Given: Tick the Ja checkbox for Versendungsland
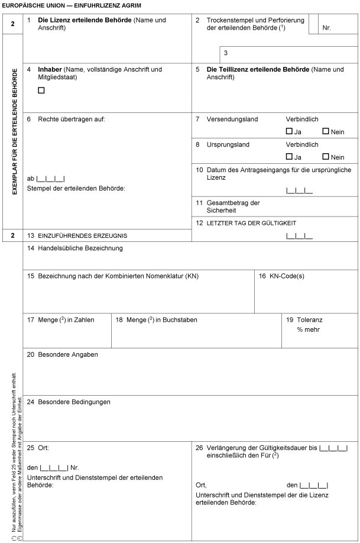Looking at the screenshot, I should tap(289, 131).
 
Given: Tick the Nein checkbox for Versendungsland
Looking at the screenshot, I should tap(326, 131).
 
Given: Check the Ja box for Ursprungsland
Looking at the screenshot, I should tap(289, 157).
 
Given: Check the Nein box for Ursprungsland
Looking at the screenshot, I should tap(326, 157).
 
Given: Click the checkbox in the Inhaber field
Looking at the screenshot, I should tap(41, 90).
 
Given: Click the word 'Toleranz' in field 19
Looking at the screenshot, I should tap(310, 320).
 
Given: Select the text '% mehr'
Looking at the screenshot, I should tap(309, 329).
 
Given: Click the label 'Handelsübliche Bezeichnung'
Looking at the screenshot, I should tap(80, 248).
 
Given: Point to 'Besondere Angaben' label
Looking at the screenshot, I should tap(67, 355).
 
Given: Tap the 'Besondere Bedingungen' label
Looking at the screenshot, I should tap(74, 402).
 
